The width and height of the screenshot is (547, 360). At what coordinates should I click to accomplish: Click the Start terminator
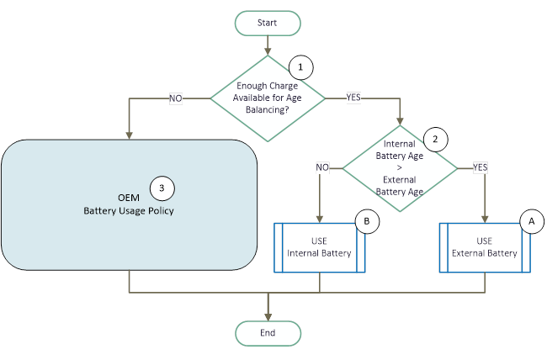point(268,23)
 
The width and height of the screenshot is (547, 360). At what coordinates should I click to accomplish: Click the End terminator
point(268,333)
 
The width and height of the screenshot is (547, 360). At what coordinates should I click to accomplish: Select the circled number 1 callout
point(299,65)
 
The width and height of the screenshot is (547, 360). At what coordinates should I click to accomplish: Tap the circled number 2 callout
point(435,138)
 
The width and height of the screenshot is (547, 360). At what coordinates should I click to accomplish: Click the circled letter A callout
point(530,220)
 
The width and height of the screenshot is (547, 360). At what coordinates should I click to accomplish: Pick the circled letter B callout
point(368,221)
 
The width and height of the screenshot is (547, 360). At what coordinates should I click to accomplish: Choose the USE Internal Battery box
point(321,247)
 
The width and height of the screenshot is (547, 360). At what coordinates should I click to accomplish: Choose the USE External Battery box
point(485,247)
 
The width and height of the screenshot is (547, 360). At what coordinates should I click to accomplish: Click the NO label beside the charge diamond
point(176,98)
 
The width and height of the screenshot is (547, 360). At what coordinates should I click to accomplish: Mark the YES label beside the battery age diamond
point(481,167)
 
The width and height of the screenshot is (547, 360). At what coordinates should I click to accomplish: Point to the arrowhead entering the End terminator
point(268,316)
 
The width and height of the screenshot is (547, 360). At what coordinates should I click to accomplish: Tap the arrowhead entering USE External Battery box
point(485,218)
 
